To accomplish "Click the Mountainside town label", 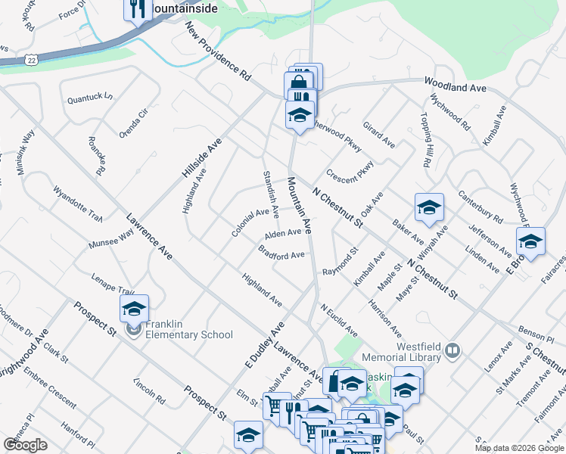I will point(184,8).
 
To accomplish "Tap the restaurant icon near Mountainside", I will point(136,9).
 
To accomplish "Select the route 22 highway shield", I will point(30,59).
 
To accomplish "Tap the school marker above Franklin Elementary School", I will point(134,309).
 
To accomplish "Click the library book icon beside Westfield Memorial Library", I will point(452,350).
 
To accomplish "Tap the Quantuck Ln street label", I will point(89,98).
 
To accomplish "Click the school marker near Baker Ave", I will point(429,208).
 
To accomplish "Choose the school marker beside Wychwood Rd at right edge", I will point(530,242).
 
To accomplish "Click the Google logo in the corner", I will point(26,445).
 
